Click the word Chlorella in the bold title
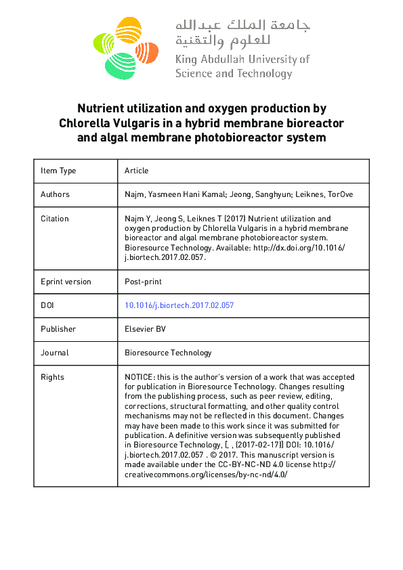[x=84, y=123]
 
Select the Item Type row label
[x=58, y=171]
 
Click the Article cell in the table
[x=136, y=171]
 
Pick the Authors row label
[x=55, y=194]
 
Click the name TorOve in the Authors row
[x=338, y=194]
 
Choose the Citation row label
[x=54, y=219]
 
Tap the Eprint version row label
[x=66, y=282]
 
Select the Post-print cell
[x=143, y=282]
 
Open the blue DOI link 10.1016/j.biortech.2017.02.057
[x=179, y=305]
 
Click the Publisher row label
[x=58, y=329]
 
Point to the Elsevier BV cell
[x=145, y=329]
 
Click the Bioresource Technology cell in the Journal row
[x=168, y=353]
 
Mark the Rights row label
[x=52, y=377]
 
